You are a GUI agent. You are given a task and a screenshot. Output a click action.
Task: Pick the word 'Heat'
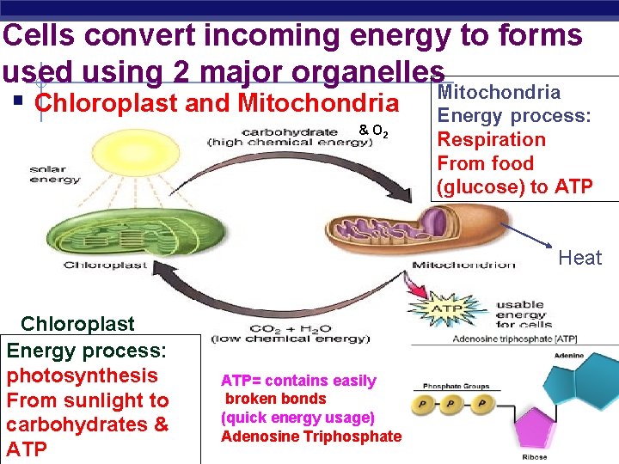[579, 258]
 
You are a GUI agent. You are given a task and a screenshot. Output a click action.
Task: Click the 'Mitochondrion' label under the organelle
[463, 265]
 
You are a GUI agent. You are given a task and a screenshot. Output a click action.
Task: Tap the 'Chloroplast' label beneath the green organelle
[105, 266]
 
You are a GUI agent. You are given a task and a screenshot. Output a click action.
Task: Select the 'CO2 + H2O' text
[290, 329]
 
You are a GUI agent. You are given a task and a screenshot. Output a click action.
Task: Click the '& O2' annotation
[373, 131]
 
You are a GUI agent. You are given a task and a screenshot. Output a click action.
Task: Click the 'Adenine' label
[568, 356]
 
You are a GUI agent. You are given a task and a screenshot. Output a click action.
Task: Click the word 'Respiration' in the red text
[491, 139]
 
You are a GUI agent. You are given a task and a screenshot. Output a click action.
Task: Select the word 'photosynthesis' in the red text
[82, 375]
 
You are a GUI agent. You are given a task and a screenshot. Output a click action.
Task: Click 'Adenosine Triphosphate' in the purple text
[310, 436]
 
